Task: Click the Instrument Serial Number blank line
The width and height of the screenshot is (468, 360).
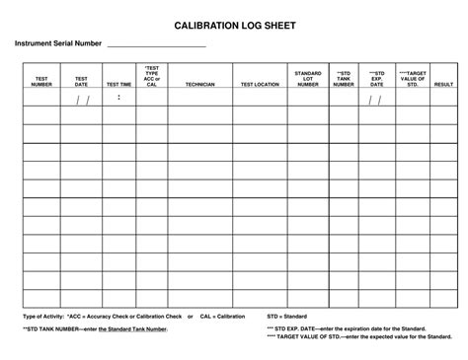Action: pos(155,45)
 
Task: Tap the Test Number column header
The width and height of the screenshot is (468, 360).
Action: pos(41,81)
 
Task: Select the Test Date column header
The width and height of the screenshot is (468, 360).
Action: pos(81,81)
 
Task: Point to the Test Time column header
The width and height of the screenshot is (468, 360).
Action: pos(118,85)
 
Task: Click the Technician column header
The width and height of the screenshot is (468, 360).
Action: pos(199,85)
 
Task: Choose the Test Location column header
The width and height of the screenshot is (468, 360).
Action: pos(260,85)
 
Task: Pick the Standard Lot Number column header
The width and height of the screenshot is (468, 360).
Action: pos(308,79)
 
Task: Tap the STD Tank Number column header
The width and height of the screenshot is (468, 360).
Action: pos(343,79)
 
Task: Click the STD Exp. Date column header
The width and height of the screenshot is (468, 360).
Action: pos(376,79)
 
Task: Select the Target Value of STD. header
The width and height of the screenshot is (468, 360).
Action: pos(413,79)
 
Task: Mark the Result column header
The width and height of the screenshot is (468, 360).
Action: pos(443,85)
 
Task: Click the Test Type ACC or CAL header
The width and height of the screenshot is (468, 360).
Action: pos(152,76)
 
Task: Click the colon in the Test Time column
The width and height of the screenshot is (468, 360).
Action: pos(118,98)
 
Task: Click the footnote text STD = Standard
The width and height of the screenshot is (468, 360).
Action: pos(286,316)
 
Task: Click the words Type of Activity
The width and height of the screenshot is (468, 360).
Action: pos(42,316)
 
